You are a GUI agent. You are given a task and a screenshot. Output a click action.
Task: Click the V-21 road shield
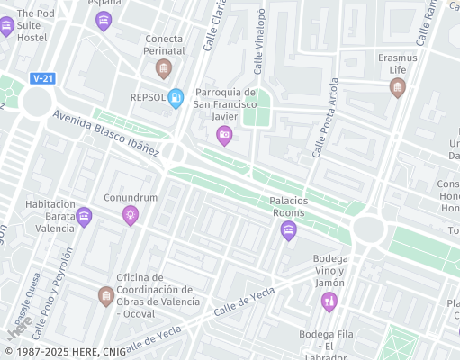click(41, 78)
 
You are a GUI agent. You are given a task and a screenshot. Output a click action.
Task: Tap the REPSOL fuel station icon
click(176, 96)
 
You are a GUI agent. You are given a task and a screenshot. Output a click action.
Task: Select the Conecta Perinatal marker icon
click(163, 68)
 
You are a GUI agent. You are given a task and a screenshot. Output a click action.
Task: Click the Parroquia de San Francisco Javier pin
click(224, 135)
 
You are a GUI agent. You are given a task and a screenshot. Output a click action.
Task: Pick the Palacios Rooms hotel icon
click(288, 230)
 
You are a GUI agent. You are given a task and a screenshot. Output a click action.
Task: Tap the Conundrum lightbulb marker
click(131, 214)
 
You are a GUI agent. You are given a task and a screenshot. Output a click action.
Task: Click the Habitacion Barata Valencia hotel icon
click(84, 216)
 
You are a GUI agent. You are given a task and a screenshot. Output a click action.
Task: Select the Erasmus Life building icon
click(397, 87)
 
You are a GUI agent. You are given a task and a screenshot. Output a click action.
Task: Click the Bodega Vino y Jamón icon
click(330, 299)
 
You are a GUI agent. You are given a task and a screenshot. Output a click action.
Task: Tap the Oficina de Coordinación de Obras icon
click(105, 294)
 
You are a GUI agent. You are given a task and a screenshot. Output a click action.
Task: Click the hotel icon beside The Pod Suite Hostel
click(104, 20)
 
